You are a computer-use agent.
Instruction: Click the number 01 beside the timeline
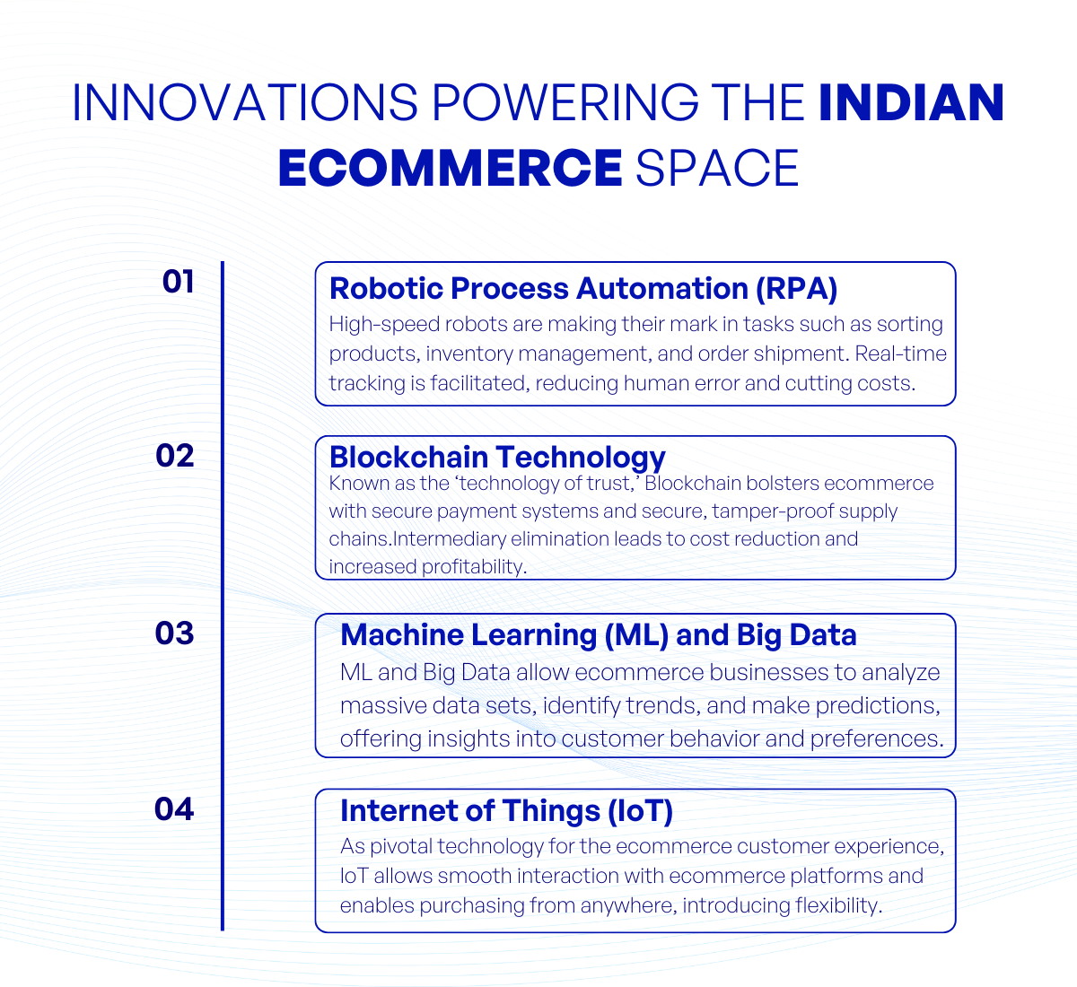point(178,282)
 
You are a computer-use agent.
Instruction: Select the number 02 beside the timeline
point(175,456)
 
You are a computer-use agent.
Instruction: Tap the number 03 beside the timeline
point(175,633)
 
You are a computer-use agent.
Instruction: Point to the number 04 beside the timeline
point(174,809)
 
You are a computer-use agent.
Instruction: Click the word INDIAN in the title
point(911,102)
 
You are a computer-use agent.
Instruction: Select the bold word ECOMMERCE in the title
point(450,169)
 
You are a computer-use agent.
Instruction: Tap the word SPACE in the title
point(717,169)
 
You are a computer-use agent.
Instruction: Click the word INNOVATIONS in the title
point(244,102)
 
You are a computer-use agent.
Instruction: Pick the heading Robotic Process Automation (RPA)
point(583,289)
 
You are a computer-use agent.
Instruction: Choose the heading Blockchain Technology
point(497,457)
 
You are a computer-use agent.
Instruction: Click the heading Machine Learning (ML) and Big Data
point(598,635)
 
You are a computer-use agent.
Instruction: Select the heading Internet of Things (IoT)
point(506,811)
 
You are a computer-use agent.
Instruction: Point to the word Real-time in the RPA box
point(900,354)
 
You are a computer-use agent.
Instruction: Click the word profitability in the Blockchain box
point(473,567)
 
